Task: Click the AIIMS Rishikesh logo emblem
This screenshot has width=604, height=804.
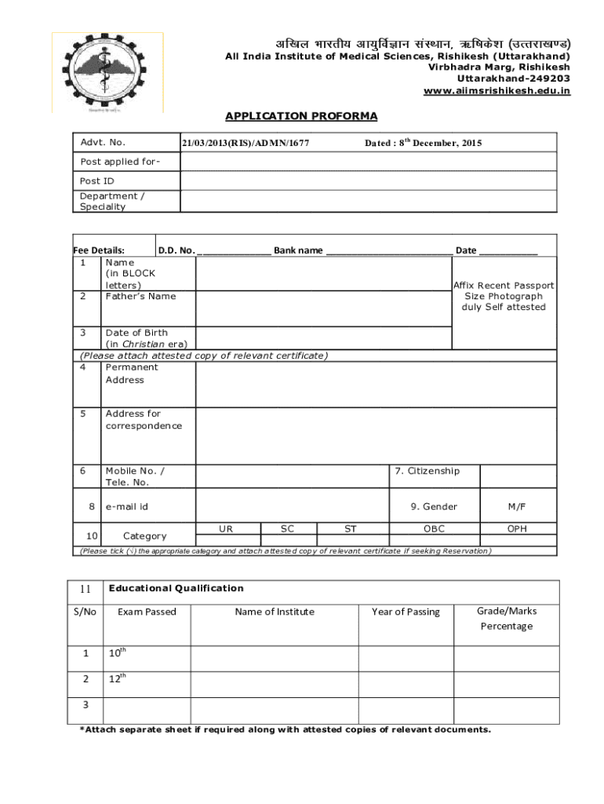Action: pyautogui.click(x=107, y=71)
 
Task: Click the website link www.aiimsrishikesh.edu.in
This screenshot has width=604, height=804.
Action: pyautogui.click(x=497, y=91)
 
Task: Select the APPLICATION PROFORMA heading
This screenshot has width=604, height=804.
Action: pyautogui.click(x=301, y=116)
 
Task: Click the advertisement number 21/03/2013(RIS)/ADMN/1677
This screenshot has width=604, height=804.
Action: pyautogui.click(x=246, y=143)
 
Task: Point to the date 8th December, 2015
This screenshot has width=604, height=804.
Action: pyautogui.click(x=424, y=143)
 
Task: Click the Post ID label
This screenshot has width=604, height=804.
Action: pyautogui.click(x=97, y=181)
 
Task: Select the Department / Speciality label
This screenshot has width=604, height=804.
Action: pyautogui.click(x=112, y=201)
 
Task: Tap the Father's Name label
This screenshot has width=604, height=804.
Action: pyautogui.click(x=140, y=296)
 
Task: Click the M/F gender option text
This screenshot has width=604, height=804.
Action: pyautogui.click(x=517, y=506)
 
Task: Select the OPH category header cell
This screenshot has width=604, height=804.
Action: pyautogui.click(x=517, y=528)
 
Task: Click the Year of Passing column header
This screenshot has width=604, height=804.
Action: pyautogui.click(x=406, y=612)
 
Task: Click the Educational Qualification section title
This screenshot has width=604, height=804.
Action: pyautogui.click(x=176, y=588)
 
